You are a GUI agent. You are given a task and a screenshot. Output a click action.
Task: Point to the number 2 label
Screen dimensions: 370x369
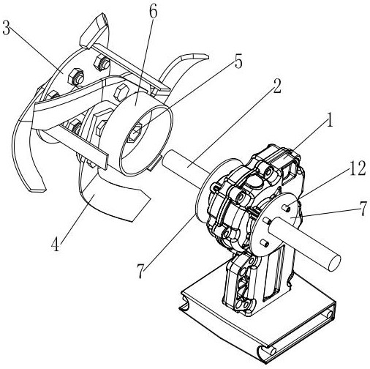coord(277,86)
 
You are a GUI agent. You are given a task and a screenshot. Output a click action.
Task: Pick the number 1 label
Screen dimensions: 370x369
coord(330,120)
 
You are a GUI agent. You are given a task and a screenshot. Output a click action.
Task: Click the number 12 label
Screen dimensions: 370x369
coord(358,168)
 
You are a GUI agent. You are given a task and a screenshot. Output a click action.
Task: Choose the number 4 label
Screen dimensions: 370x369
coord(56,245)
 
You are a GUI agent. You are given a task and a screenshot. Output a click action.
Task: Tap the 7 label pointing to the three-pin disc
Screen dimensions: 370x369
coord(363,209)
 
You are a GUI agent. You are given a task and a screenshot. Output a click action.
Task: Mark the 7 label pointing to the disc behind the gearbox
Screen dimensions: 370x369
coord(141,271)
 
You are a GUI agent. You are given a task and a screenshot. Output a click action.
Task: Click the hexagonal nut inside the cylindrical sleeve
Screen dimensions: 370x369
coord(135,133)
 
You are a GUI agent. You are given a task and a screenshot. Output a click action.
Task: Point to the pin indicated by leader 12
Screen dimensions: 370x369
coord(285,208)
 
